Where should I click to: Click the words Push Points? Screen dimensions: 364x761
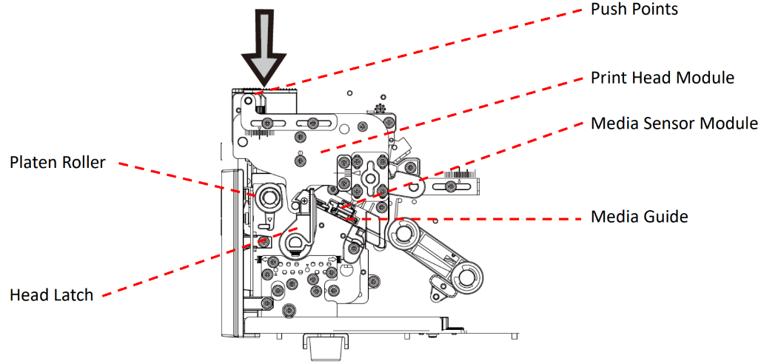click(634, 10)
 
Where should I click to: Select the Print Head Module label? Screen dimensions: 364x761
click(662, 78)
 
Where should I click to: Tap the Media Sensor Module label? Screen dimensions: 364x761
click(674, 123)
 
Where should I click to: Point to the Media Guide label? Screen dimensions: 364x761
click(640, 217)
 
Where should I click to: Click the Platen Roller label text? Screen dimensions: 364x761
click(57, 163)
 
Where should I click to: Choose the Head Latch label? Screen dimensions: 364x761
click(51, 295)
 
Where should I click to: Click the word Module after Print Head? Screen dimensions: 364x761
click(708, 78)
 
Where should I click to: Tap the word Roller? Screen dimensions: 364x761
click(84, 163)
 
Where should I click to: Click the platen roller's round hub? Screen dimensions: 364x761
click(267, 198)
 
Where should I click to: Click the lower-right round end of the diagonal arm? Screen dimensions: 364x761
click(467, 277)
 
